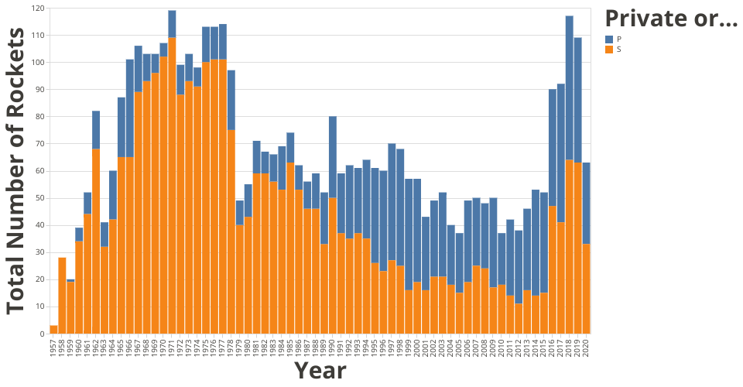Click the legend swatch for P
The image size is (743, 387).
pyautogui.click(x=609, y=39)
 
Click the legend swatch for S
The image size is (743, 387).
pyautogui.click(x=609, y=50)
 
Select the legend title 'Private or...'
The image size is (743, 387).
pyautogui.click(x=670, y=19)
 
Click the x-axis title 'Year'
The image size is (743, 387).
pyautogui.click(x=320, y=371)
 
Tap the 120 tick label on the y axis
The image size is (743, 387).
pyautogui.click(x=37, y=8)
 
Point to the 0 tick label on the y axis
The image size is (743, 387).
pyautogui.click(x=42, y=334)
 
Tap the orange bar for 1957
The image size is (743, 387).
pyautogui.click(x=53, y=330)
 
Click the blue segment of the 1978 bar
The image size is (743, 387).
pyautogui.click(x=231, y=100)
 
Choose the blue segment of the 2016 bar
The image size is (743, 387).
pyautogui.click(x=553, y=148)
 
